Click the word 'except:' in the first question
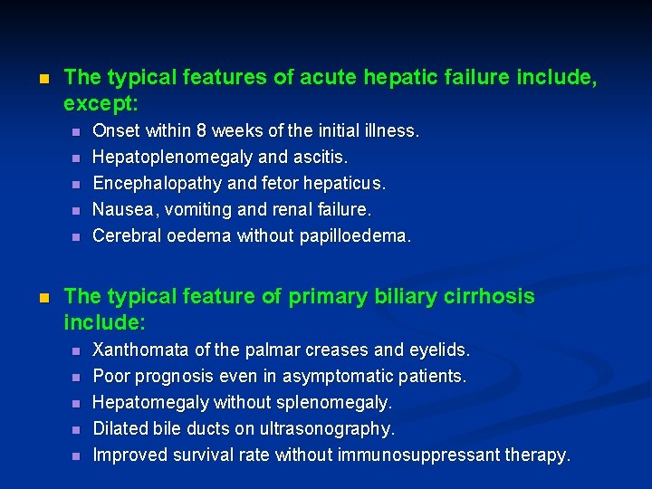(x=100, y=102)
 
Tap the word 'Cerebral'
(x=129, y=236)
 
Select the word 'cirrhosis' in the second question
(x=490, y=297)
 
